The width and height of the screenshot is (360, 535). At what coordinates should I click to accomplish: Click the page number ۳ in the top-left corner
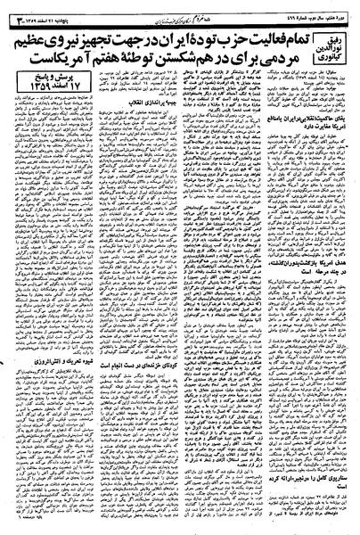[x=12, y=8]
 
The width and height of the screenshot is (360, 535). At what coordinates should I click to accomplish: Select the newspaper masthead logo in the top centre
[x=175, y=8]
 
